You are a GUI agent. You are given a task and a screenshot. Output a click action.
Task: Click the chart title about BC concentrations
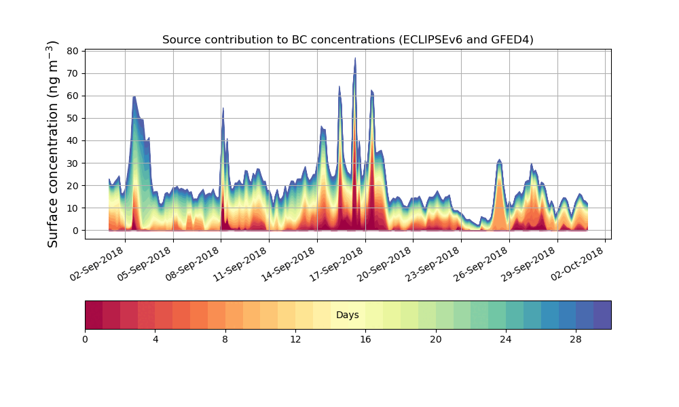click(348, 40)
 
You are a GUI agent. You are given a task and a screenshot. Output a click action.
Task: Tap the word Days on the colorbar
click(348, 315)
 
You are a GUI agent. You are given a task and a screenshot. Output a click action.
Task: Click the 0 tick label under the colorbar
click(85, 339)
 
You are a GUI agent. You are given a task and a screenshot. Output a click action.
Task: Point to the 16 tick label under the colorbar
click(365, 339)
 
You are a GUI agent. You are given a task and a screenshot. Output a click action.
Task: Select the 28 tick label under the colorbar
click(576, 339)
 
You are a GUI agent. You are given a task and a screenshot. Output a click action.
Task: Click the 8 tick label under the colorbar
click(225, 339)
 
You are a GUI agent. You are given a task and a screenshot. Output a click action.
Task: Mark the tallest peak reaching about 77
click(354, 60)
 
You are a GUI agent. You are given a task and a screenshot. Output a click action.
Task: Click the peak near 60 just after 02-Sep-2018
click(134, 98)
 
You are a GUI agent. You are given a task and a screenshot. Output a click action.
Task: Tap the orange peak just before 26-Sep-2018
click(500, 161)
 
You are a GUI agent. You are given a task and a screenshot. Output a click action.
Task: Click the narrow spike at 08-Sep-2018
click(223, 109)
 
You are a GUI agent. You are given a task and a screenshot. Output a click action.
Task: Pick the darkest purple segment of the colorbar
click(602, 315)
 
